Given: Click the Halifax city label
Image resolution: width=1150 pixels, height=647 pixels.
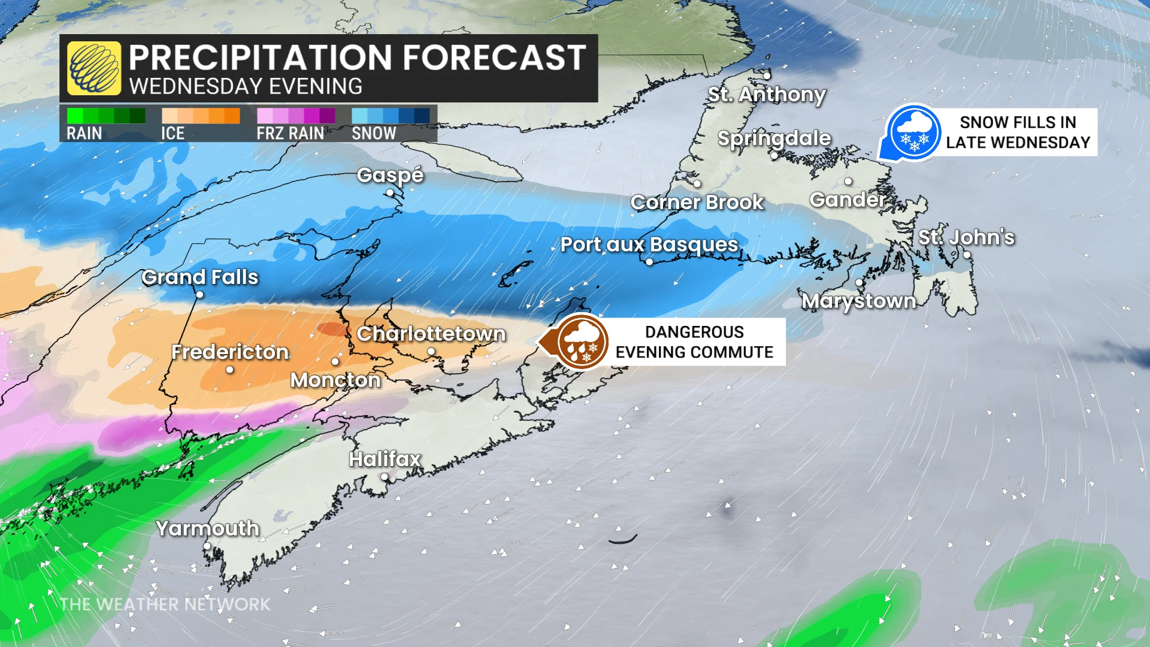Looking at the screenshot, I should pos(385,459).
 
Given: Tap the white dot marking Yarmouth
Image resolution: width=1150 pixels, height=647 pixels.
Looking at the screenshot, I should pos(207,546).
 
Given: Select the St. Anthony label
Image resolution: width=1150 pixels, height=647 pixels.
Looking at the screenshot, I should pos(767,95).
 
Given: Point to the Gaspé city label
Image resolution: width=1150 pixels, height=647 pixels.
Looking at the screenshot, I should pos(390,175).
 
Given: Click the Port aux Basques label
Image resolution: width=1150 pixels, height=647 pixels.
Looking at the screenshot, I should pos(649,244).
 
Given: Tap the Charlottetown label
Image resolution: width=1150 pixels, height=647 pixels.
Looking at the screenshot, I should pos(431,334).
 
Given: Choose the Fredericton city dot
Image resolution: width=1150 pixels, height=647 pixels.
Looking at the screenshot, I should pos(230,370).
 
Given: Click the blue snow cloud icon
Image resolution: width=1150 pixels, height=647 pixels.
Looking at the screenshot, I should pos(913,132).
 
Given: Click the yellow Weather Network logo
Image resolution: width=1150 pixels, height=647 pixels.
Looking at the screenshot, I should pos(94,68).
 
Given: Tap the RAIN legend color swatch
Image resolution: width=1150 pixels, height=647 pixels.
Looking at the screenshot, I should pos(106,116).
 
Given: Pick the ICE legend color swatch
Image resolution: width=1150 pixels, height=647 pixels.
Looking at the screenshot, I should pos(201,116).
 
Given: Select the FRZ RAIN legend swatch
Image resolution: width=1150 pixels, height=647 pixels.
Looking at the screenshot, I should pos(296,116).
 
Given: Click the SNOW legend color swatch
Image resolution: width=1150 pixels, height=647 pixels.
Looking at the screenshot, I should pos(391,116).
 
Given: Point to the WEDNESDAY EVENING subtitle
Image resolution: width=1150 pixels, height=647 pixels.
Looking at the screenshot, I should pos(246,86).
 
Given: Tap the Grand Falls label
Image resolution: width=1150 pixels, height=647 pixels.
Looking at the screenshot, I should pos(200,277).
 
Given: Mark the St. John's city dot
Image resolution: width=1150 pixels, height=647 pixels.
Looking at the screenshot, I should pos(966,255).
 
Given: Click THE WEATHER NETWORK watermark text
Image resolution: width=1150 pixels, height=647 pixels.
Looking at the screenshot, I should pos(165,604).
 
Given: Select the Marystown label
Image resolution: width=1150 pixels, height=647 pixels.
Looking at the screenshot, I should pos(859,301).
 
